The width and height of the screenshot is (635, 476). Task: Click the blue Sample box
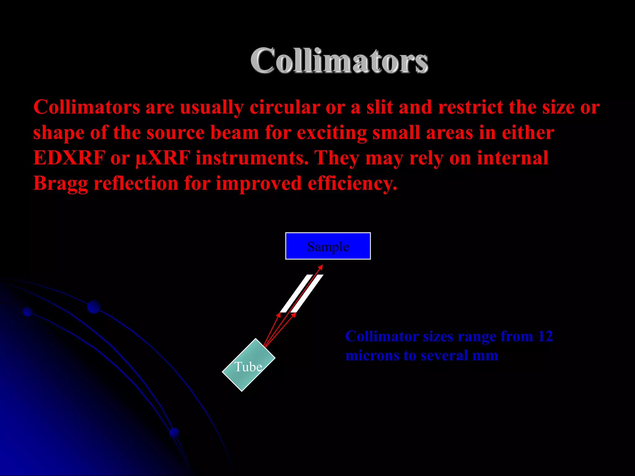click(x=328, y=246)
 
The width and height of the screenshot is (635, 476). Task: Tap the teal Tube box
click(x=248, y=365)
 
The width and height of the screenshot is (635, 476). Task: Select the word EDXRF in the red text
click(x=69, y=158)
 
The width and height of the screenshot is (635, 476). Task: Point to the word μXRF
click(x=163, y=158)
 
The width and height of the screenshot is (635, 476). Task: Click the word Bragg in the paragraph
click(x=60, y=183)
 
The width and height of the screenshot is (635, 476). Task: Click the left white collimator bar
click(x=296, y=293)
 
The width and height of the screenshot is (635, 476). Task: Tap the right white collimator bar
click(x=307, y=293)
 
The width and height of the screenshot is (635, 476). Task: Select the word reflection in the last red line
click(x=136, y=183)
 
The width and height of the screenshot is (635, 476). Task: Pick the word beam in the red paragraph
click(x=235, y=133)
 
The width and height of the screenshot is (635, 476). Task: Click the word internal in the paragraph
click(x=513, y=158)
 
